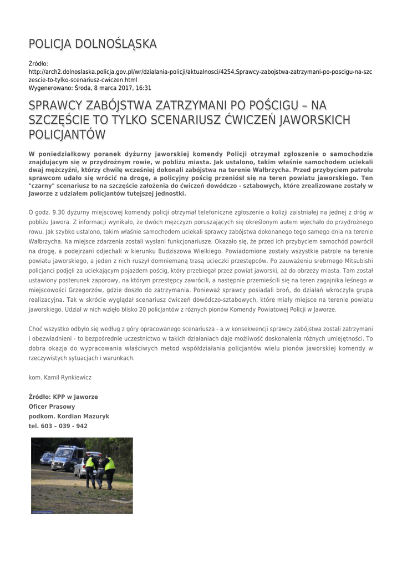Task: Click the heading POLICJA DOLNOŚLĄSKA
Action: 93,44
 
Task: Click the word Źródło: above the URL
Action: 38,64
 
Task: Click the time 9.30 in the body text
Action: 58,212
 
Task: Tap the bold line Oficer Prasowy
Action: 52,407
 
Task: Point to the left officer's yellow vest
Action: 90,462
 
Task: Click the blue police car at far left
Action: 45,458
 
